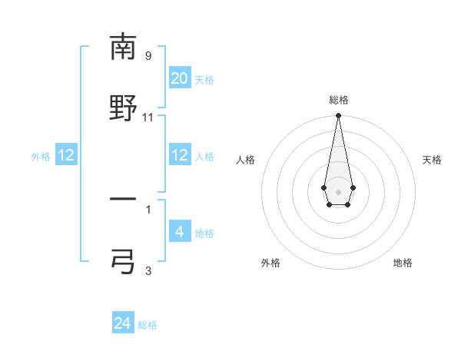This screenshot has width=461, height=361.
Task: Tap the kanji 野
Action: point(123,107)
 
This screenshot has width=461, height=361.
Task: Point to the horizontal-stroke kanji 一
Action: point(123,199)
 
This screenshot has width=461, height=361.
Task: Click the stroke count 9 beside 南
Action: point(148,55)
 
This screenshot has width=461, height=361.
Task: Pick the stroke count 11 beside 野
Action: point(148,118)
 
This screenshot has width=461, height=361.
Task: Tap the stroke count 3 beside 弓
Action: point(148,270)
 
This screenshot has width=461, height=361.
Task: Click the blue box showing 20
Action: point(180,78)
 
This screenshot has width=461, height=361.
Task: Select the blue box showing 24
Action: point(123,323)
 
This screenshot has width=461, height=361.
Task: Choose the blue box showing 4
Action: point(180,232)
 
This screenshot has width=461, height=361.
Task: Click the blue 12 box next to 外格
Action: point(66,155)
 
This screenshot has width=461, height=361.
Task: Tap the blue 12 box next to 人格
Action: point(180,155)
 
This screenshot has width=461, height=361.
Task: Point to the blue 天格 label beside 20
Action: point(204,80)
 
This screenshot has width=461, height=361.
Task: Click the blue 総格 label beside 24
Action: point(148,325)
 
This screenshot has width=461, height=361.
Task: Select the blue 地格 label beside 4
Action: point(204,233)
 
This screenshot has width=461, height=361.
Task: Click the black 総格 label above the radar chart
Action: point(338,101)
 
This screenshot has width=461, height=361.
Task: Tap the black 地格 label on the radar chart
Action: point(403,263)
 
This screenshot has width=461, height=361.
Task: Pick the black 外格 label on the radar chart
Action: point(270,263)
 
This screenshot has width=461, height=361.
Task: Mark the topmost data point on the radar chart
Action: point(338,116)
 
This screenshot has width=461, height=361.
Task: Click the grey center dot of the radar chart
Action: point(338,190)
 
